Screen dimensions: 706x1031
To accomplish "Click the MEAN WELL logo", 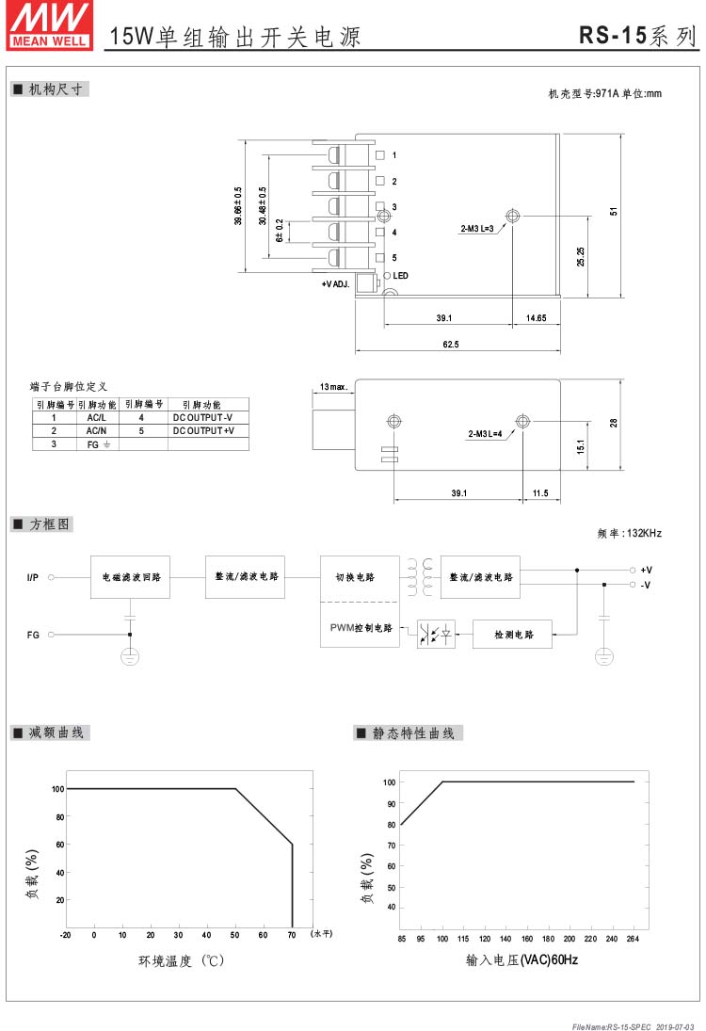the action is pos(50,25).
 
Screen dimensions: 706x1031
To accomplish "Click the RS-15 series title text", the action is pos(636,36).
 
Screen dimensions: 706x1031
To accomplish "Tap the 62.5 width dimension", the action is pos(451,344).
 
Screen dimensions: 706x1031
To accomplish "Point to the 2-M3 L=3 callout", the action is pos(476,228).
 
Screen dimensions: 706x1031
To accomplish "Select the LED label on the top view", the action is pos(400,276).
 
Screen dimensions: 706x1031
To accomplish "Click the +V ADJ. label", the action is pos(335,284).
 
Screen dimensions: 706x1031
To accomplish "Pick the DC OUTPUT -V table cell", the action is pos(202,417).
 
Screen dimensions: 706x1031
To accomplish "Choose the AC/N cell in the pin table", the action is pos(97,430).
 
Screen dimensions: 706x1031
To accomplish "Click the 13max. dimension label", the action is pos(333,387).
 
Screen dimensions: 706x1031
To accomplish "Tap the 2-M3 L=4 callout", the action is pos(485,433).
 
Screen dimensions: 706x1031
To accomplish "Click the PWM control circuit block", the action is pos(361,627).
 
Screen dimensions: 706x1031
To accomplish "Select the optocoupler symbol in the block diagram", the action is pos(436,634).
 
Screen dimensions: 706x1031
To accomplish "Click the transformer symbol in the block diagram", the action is pos(420,576).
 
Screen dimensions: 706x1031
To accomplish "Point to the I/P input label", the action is pos(33,577).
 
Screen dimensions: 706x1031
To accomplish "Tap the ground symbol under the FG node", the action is pos(130,656).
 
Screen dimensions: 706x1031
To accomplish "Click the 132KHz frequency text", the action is pos(644,533).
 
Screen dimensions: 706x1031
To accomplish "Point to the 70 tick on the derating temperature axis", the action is pos(292,934).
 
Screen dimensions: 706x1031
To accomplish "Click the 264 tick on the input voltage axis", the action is pos(633,939).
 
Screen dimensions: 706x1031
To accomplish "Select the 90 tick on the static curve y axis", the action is pos(392,803).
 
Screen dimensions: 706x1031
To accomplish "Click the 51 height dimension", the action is pos(614,211).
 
